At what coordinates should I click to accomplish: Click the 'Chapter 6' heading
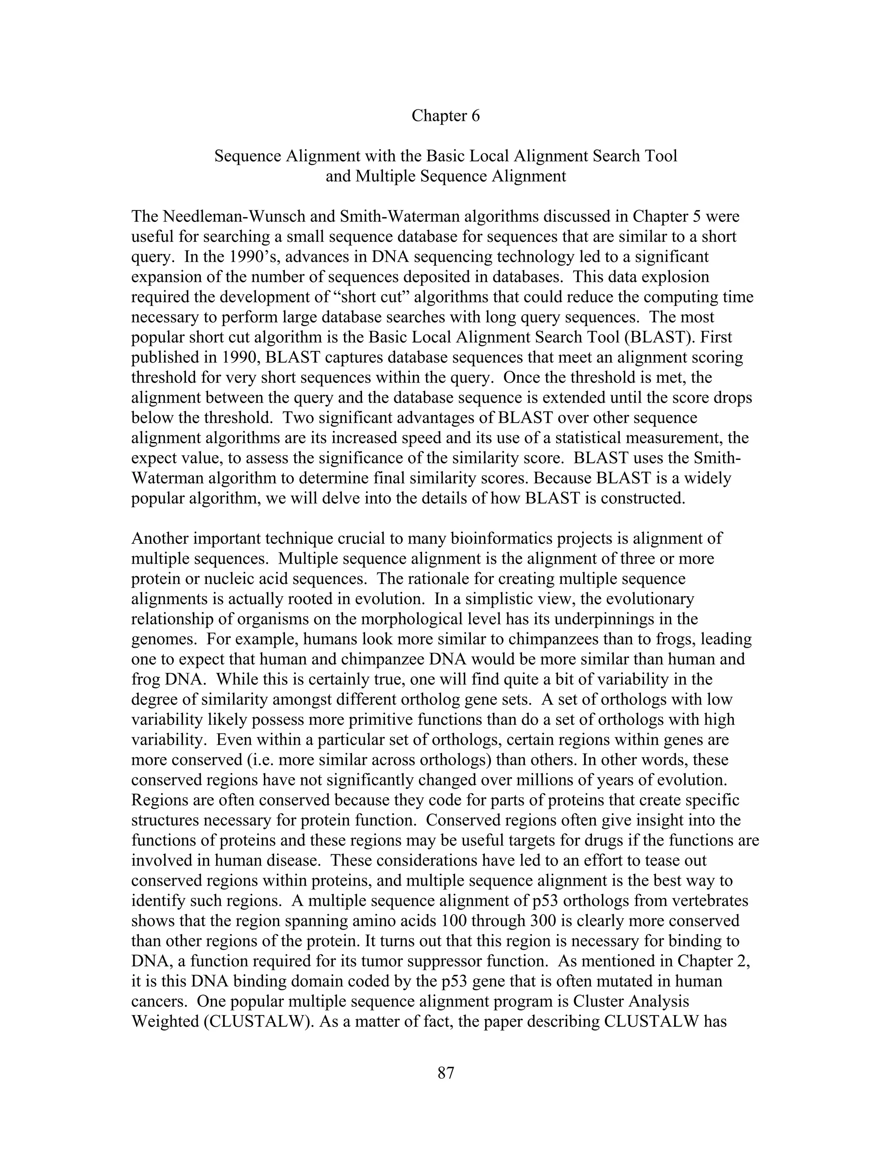click(x=446, y=116)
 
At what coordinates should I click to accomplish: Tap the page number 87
click(x=446, y=1073)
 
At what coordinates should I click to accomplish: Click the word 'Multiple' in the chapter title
click(x=385, y=176)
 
